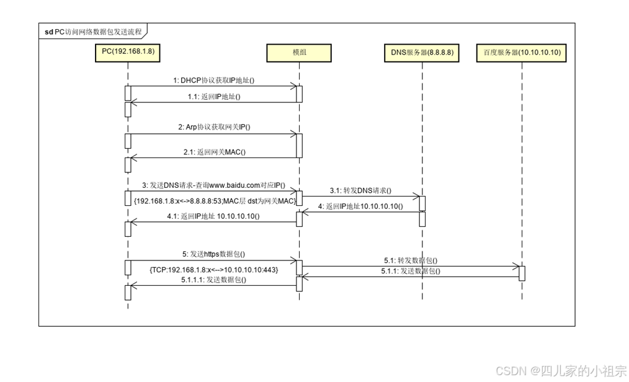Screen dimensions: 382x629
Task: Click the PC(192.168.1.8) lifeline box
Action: (x=128, y=53)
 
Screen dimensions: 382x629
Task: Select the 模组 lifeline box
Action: (x=298, y=53)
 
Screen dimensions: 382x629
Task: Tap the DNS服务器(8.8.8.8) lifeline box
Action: (x=422, y=53)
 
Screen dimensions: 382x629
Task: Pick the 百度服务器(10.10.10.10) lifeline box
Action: (x=522, y=53)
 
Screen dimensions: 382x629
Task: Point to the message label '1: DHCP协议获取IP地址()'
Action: (x=214, y=80)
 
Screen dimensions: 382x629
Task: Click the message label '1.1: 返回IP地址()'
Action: (x=214, y=96)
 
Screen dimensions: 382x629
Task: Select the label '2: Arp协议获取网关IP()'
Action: (x=213, y=127)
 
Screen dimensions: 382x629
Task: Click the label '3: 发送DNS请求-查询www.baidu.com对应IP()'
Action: (x=213, y=185)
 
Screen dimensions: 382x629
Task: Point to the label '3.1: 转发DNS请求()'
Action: (x=360, y=190)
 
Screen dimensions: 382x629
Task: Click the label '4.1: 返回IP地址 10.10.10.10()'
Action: (x=213, y=216)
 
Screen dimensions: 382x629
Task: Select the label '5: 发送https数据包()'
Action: (x=213, y=254)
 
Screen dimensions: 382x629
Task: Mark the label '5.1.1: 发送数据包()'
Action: (x=410, y=271)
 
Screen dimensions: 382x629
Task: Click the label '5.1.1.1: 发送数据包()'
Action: (x=213, y=280)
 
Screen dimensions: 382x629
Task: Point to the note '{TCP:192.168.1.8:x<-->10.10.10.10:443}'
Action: (x=213, y=270)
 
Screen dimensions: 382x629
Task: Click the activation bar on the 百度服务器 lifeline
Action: (x=522, y=273)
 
